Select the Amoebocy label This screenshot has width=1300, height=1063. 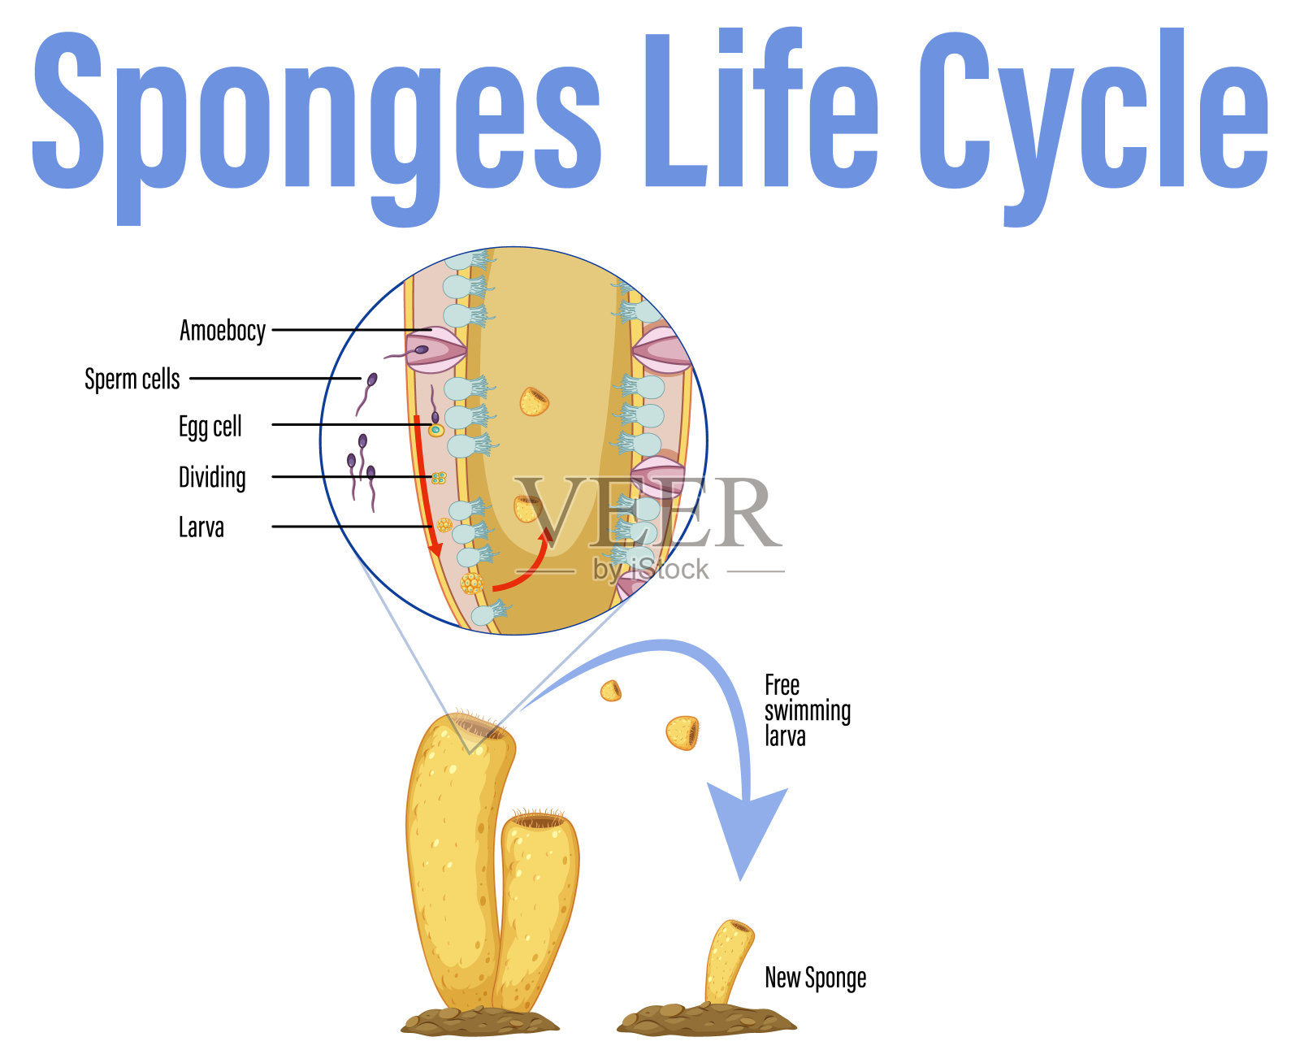223,331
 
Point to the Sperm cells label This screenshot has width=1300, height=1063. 132,379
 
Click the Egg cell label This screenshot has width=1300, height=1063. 210,427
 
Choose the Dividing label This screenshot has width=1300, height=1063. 212,477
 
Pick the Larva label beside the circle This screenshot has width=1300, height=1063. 201,527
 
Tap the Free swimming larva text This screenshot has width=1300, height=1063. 807,710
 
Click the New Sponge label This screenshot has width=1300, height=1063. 815,978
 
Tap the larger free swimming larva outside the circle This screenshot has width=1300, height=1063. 682,732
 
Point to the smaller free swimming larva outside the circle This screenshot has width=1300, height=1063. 611,691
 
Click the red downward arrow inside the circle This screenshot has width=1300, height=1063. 426,488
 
